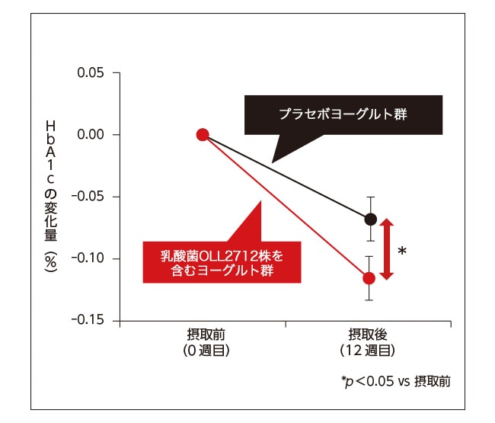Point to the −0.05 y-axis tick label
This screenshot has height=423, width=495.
91,197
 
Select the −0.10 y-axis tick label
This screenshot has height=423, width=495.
91,259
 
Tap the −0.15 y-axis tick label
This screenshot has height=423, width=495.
91,321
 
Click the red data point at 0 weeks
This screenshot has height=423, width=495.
203,135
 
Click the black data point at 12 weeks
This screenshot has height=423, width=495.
370,220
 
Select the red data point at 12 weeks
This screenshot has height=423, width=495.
369,278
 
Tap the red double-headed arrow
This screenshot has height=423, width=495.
386,249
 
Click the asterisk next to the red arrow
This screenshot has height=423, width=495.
402,252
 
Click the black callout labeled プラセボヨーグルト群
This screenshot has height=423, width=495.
343,116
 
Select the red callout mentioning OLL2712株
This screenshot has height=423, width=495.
221,261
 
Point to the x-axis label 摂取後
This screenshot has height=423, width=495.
367,335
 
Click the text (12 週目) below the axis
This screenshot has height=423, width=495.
367,351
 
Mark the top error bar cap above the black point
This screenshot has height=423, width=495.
370,197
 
